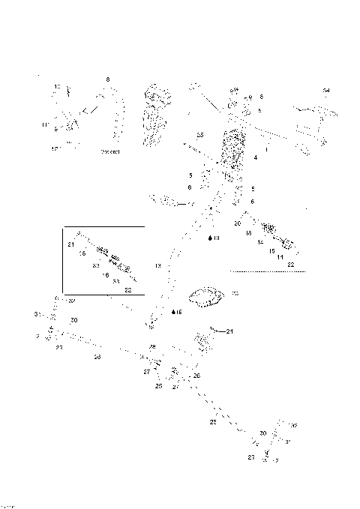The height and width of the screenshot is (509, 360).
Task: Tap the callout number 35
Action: [199, 134]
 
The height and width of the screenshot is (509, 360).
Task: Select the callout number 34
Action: [325, 91]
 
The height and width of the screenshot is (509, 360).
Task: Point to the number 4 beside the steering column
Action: [256, 158]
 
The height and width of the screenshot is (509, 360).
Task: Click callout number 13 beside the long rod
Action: [158, 266]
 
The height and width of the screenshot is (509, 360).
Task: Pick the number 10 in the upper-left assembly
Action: [57, 88]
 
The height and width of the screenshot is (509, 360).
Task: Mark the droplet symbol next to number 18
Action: [209, 238]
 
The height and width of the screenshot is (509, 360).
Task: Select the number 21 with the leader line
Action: [230, 331]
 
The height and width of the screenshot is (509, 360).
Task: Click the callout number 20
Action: [237, 224]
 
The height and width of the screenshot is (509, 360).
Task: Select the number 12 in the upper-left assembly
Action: [55, 149]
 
